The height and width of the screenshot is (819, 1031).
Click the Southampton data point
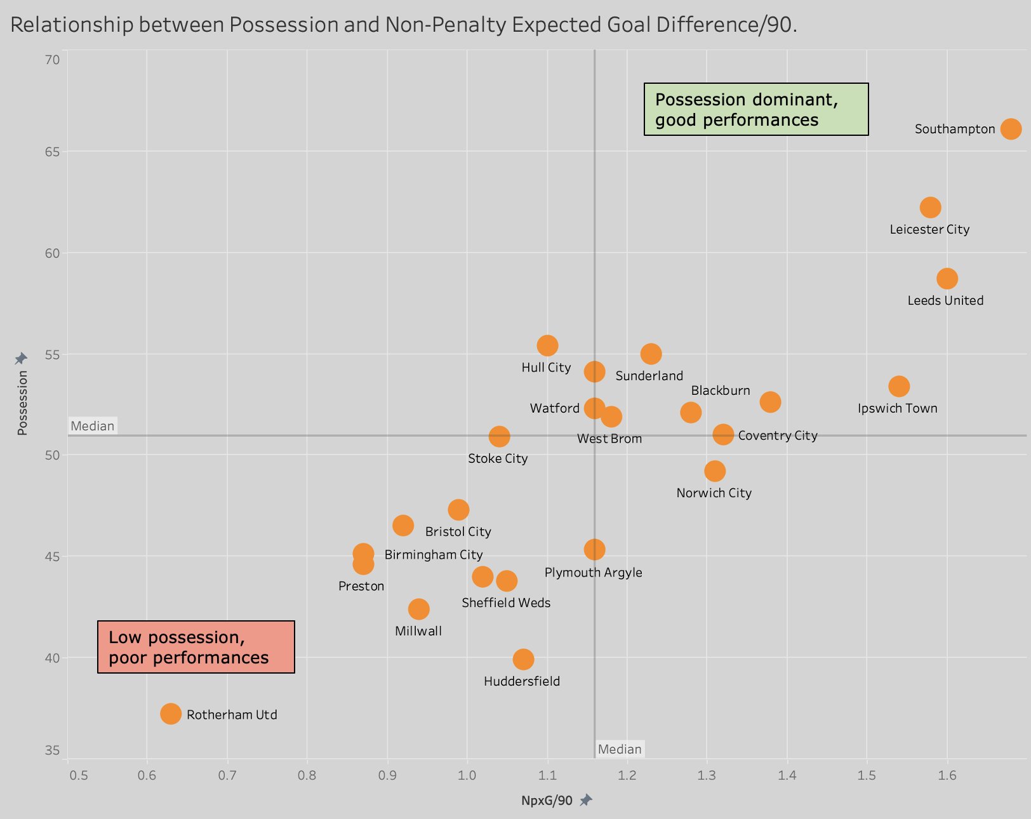pyautogui.click(x=1011, y=129)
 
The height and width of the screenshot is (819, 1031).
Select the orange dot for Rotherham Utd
pyautogui.click(x=171, y=714)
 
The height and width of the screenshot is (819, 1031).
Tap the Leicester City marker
pyautogui.click(x=930, y=208)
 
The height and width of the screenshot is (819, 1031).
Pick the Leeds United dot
pyautogui.click(x=947, y=279)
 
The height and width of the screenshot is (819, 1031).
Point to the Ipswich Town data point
pyautogui.click(x=899, y=386)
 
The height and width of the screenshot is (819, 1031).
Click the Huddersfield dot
pyautogui.click(x=523, y=659)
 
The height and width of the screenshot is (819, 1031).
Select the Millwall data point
pyautogui.click(x=418, y=609)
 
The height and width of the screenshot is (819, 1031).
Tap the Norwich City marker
pyautogui.click(x=715, y=471)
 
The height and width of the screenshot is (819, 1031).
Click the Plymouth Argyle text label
pyautogui.click(x=593, y=573)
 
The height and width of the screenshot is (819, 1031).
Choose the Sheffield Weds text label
pyautogui.click(x=506, y=603)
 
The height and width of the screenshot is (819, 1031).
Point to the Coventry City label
pyautogui.click(x=778, y=436)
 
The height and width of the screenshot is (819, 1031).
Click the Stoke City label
pyautogui.click(x=498, y=458)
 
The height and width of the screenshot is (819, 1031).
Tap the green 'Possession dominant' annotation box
pyautogui.click(x=756, y=109)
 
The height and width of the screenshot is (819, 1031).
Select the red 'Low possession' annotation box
pyautogui.click(x=196, y=647)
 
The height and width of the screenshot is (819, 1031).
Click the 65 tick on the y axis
pyautogui.click(x=52, y=152)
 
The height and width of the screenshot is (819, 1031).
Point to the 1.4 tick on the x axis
pyautogui.click(x=787, y=775)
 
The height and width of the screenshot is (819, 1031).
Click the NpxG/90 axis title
pyautogui.click(x=547, y=801)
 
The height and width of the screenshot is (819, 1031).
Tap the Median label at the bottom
pyautogui.click(x=620, y=749)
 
